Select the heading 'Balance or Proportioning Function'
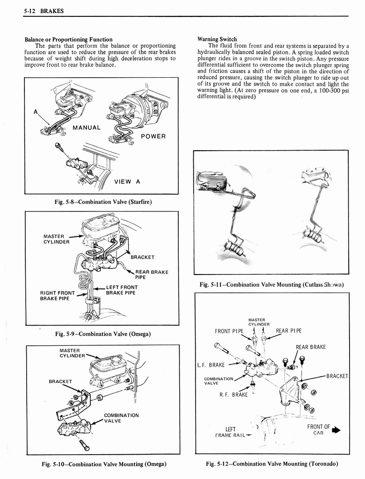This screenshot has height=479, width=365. point(68,39)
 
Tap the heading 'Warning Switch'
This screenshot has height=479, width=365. point(217,39)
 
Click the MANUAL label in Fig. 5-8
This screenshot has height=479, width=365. point(87,127)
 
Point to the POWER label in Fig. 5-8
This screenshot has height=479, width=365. point(153,136)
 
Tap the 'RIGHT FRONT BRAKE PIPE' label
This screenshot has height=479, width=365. point(58,296)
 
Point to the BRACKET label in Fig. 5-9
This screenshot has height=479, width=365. point(142,257)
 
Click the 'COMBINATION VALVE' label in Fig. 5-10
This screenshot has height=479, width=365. point(121,418)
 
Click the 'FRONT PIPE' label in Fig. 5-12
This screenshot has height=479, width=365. point(229,331)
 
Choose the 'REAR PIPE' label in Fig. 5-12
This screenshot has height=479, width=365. point(289,331)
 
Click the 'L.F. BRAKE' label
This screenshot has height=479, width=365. point(212,365)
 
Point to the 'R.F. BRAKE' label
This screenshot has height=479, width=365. point(233,394)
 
